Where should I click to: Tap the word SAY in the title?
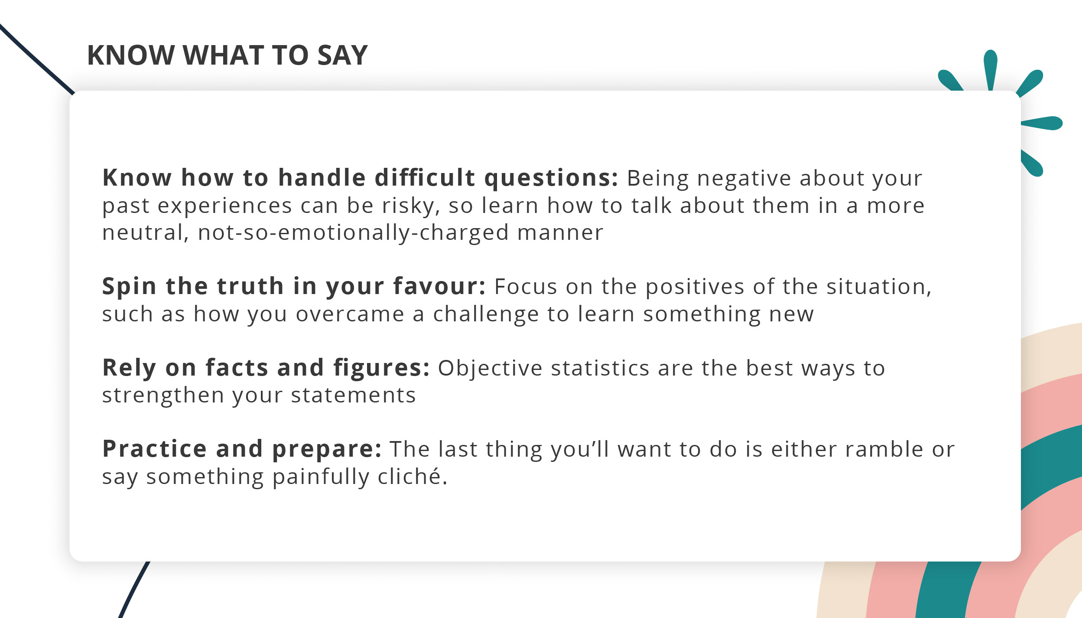342,55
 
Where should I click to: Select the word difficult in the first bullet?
425,177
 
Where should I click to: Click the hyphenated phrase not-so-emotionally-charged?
353,233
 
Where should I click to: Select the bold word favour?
439,286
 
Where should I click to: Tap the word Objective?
490,369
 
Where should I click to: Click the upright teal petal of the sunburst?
991,70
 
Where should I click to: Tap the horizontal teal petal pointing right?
1042,123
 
